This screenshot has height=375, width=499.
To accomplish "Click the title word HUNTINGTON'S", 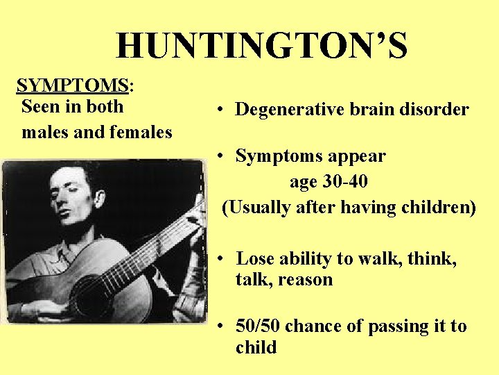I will (x=262, y=46).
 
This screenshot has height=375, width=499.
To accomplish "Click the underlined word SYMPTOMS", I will (x=73, y=85).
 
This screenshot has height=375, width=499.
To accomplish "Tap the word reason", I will (x=304, y=280).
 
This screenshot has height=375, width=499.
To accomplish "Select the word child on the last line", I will (x=256, y=347).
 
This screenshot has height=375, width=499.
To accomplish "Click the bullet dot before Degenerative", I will (x=218, y=110).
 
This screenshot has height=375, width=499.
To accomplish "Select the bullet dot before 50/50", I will (x=218, y=326).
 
